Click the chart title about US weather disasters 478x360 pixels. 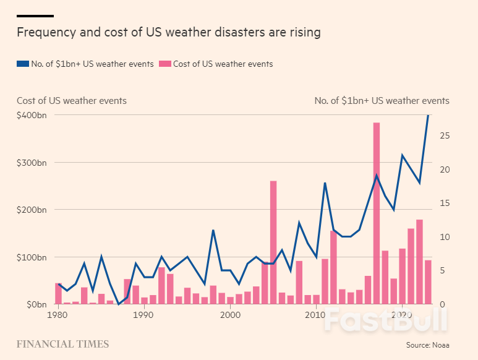[x=168, y=32]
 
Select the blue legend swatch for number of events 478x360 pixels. [x=22, y=64]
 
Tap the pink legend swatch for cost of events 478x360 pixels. [x=164, y=64]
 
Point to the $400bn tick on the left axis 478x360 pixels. [x=32, y=116]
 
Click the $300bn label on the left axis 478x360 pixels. [x=32, y=163]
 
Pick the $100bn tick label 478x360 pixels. [x=32, y=257]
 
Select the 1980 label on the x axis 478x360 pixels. [x=58, y=315]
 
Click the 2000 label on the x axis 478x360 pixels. [x=230, y=315]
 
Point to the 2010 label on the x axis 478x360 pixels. [x=316, y=315]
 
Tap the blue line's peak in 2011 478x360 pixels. [x=325, y=183]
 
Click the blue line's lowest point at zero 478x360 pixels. [x=118, y=304]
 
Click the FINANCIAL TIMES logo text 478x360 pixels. [x=62, y=344]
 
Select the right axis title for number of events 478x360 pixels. [x=382, y=101]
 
